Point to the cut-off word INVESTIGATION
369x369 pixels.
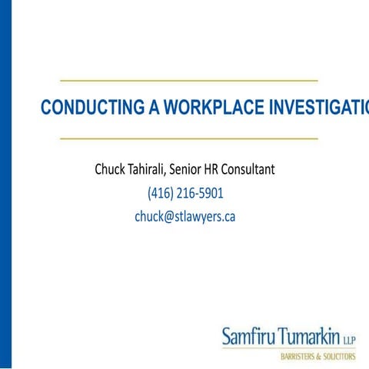tap(318, 108)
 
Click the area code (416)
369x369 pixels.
tap(160, 193)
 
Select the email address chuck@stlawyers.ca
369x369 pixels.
tap(184, 217)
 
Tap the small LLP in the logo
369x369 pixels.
tap(347, 338)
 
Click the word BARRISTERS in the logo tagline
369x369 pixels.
tap(295, 357)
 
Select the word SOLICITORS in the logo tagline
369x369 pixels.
tap(339, 357)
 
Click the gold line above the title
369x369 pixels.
tap(188, 80)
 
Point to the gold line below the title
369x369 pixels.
tap(188, 139)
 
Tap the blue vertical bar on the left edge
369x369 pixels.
tap(5, 184)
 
